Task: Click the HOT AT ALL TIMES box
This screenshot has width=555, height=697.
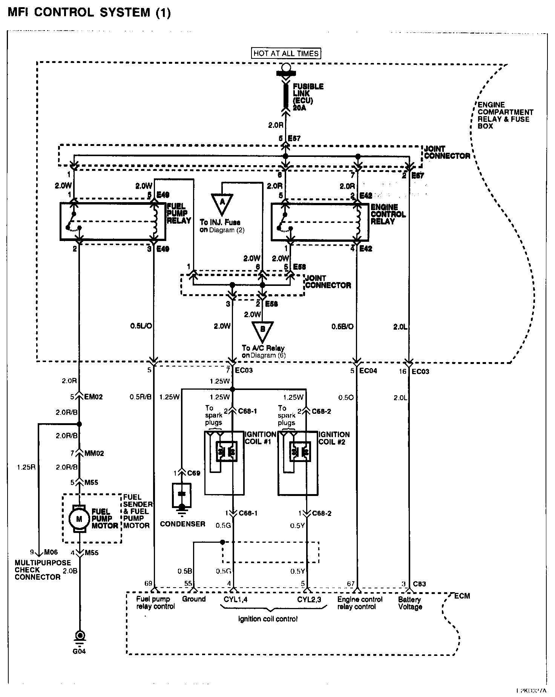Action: (286, 54)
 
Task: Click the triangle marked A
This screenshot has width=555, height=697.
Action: (222, 203)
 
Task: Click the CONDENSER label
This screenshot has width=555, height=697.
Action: (182, 524)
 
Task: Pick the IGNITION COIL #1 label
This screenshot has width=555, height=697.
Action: (260, 438)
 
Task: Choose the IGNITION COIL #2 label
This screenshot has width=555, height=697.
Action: (334, 438)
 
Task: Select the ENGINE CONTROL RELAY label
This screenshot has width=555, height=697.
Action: (388, 214)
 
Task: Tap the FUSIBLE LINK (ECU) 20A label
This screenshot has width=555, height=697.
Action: (308, 97)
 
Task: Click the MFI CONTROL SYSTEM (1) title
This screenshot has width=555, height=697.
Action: (89, 12)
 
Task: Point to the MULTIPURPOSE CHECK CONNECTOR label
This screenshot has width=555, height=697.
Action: (43, 570)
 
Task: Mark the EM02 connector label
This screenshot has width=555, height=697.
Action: (94, 397)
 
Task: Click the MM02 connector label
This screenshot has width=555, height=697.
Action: (94, 453)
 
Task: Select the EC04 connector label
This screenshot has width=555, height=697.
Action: (368, 371)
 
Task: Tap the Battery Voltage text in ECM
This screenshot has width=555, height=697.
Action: (410, 603)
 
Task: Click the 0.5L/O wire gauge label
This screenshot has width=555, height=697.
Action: (141, 326)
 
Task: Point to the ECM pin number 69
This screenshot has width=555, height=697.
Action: (149, 584)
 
